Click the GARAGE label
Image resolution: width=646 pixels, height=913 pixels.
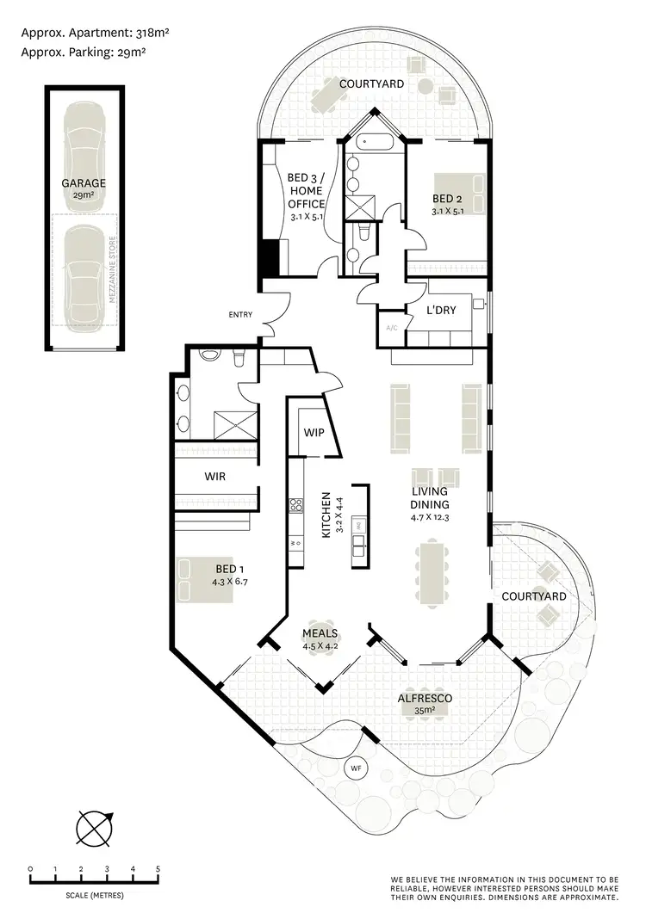[83, 183]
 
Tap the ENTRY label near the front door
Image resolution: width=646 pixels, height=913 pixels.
[240, 315]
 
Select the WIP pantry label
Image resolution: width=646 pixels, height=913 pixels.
[314, 432]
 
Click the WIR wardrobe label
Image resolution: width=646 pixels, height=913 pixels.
[215, 475]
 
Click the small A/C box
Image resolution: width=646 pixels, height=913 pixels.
[391, 328]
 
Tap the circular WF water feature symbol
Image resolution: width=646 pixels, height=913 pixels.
[355, 768]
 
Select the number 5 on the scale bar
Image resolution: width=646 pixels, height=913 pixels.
[158, 869]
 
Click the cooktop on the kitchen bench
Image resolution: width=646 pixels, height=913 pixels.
[296, 506]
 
